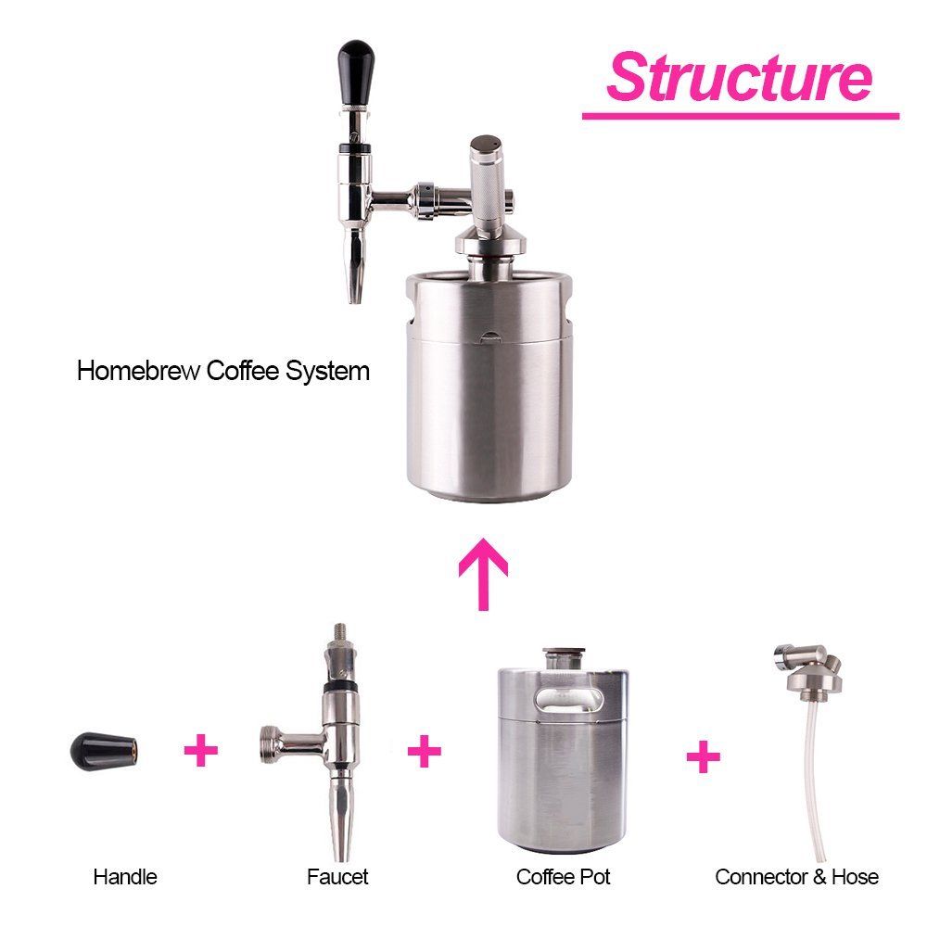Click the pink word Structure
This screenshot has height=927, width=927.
point(739,77)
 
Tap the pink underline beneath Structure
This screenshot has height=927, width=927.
point(741,116)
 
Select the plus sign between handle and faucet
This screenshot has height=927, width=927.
point(201,750)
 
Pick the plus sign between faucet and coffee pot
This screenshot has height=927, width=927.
point(425,751)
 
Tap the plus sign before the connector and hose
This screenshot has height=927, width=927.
point(704,756)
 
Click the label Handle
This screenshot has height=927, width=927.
point(125,877)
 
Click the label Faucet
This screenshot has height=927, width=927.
point(337,877)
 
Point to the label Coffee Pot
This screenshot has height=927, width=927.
point(563,877)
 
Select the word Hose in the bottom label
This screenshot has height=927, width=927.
point(855,877)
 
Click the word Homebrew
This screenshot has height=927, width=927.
point(138,372)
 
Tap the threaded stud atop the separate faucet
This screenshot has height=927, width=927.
point(340,634)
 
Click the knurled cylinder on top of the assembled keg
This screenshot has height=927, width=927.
point(486,186)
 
